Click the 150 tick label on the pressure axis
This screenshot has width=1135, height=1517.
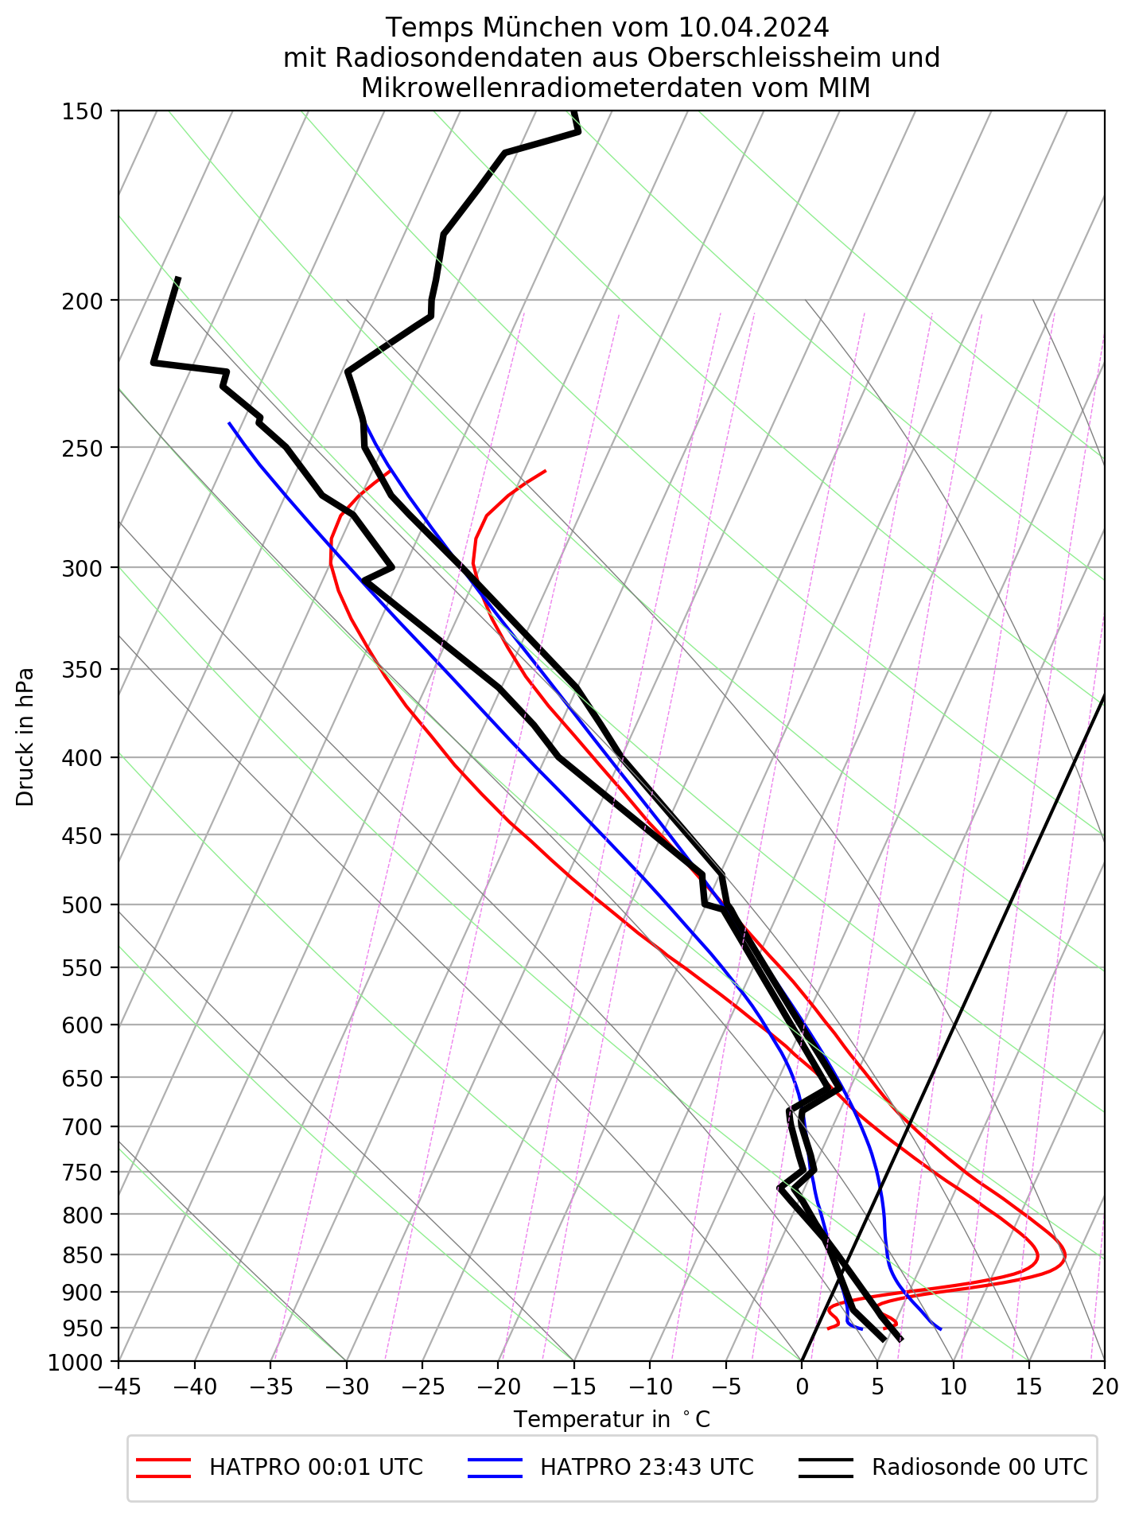[81, 111]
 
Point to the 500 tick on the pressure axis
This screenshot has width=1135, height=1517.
[81, 905]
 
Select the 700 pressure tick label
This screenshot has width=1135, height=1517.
[81, 1127]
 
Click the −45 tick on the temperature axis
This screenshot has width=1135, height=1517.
[119, 1387]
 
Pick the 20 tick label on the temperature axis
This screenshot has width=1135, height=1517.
[1104, 1387]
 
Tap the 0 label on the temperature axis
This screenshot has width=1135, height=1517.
[802, 1387]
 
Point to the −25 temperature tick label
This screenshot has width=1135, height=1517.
[422, 1387]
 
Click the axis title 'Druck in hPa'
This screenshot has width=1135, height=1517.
[25, 737]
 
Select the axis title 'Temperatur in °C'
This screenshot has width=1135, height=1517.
[612, 1420]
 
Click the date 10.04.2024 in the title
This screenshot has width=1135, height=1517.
[754, 28]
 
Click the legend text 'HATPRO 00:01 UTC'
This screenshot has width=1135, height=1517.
[316, 1467]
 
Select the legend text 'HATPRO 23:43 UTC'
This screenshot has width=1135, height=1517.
[647, 1467]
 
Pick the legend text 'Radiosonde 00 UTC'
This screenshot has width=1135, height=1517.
[979, 1467]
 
